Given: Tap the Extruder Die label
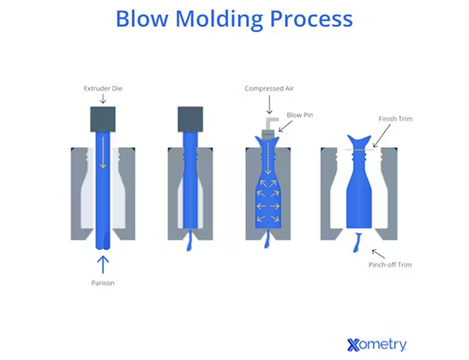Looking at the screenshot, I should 102,88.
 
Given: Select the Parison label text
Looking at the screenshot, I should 103,283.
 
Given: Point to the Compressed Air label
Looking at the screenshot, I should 268,89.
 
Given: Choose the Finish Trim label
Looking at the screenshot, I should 395,119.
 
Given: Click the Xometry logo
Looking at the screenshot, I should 377,343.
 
